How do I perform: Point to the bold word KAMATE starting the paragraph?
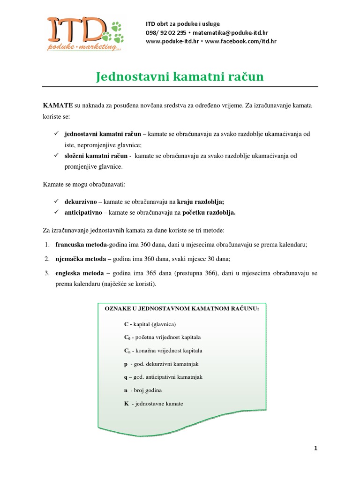pyautogui.click(x=58, y=106)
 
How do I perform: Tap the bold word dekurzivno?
pyautogui.click(x=80, y=202)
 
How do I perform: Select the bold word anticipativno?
pyautogui.click(x=82, y=212)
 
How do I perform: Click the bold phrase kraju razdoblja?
pyautogui.click(x=201, y=202)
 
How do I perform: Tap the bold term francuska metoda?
pyautogui.click(x=81, y=244)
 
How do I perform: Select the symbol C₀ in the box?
pyautogui.click(x=127, y=337)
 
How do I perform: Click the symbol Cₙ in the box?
pyautogui.click(x=127, y=351)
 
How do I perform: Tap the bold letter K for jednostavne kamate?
pyautogui.click(x=126, y=403)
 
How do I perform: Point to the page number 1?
pyautogui.click(x=316, y=448)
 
